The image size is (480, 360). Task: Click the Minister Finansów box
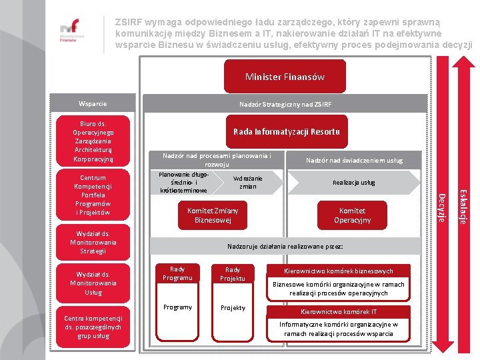[285, 77]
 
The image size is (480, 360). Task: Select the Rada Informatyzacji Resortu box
[286, 131]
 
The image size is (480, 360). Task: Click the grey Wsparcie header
[93, 104]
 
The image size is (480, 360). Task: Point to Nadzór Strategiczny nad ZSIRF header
[285, 104]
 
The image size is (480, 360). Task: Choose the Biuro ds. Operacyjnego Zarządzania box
[93, 141]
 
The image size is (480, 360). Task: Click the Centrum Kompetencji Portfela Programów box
[93, 195]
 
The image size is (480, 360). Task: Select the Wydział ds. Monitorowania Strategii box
[93, 242]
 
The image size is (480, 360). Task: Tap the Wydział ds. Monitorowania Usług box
[93, 283]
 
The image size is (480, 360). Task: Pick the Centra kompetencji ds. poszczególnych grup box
[93, 327]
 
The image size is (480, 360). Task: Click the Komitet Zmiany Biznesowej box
[212, 215]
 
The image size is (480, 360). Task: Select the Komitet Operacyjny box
[352, 215]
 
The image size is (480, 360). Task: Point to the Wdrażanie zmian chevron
[248, 182]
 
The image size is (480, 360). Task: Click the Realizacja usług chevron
[353, 182]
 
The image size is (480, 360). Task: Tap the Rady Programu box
[177, 273]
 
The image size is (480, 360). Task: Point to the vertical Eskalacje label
[465, 206]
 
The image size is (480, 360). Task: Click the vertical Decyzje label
[441, 207]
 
